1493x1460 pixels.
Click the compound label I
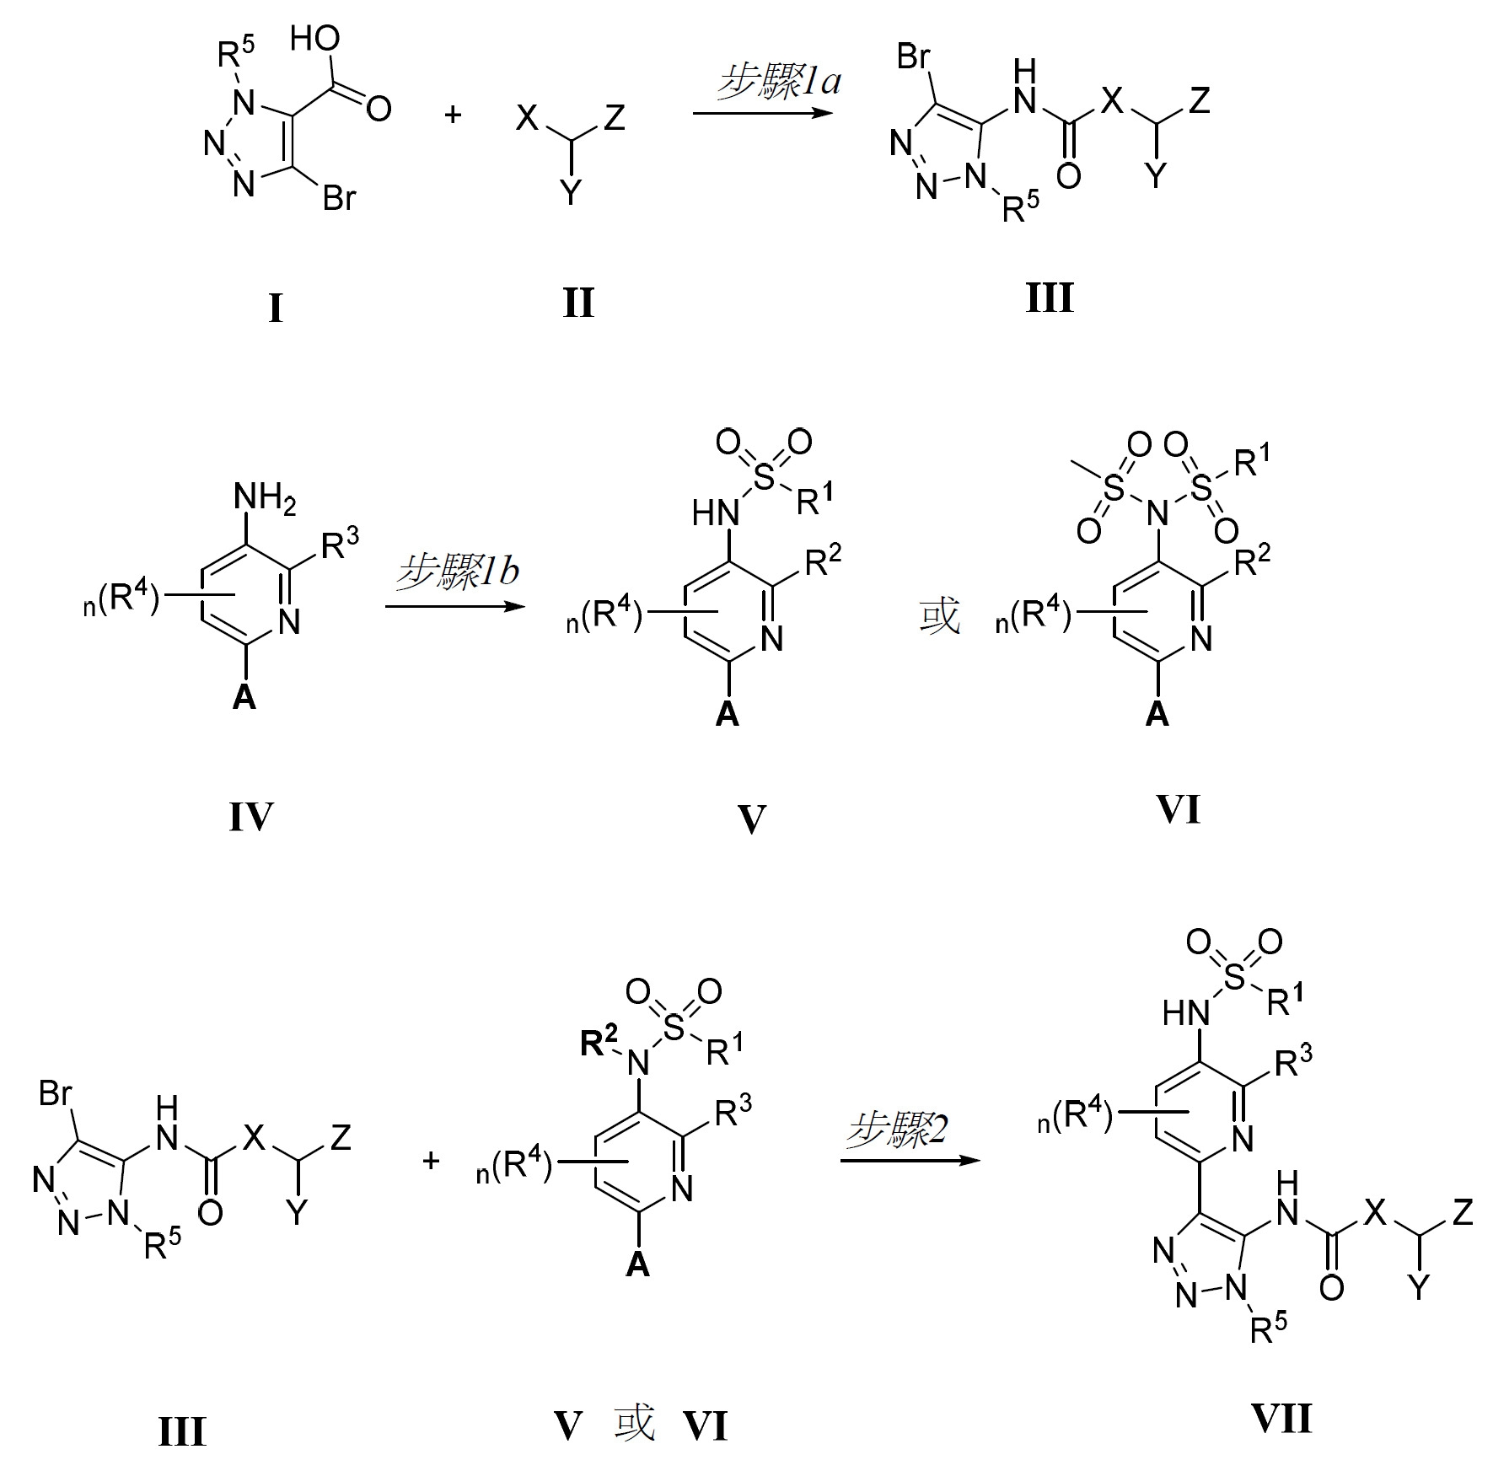point(276,309)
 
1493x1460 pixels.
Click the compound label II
point(578,303)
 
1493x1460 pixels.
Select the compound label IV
point(251,817)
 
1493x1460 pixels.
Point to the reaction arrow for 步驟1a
point(758,113)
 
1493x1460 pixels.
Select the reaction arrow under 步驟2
point(910,1162)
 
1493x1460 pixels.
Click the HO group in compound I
point(315,38)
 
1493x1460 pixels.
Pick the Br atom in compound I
point(340,199)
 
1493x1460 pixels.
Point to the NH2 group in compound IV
point(266,498)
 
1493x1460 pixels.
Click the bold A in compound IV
point(244,696)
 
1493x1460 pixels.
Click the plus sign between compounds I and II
point(454,115)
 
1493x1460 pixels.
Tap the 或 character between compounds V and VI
point(939,616)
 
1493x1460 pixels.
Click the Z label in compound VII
point(1463,1214)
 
